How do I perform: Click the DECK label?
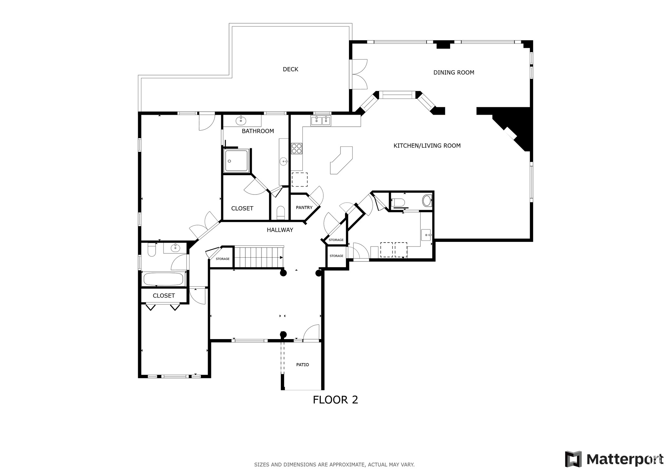pyautogui.click(x=290, y=69)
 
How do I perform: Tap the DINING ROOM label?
pyautogui.click(x=453, y=73)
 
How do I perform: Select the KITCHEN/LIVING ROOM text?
pyautogui.click(x=427, y=146)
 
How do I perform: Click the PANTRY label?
pyautogui.click(x=304, y=208)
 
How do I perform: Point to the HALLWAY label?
pyautogui.click(x=280, y=230)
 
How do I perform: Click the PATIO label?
pyautogui.click(x=302, y=365)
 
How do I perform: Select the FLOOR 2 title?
pyautogui.click(x=335, y=400)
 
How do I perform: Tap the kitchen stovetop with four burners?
pyautogui.click(x=297, y=149)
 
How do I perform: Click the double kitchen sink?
pyautogui.click(x=321, y=120)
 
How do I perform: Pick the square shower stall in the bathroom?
pyautogui.click(x=236, y=161)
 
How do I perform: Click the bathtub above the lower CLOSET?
pyautogui.click(x=163, y=279)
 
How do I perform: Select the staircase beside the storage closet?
pyautogui.click(x=259, y=257)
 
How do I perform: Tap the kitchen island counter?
pyautogui.click(x=342, y=160)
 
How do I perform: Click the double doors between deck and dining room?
pyautogui.click(x=359, y=74)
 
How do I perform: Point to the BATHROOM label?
pyautogui.click(x=258, y=131)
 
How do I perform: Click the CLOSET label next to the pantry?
pyautogui.click(x=242, y=209)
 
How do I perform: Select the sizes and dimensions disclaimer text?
pyautogui.click(x=334, y=465)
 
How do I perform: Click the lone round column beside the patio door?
pyautogui.click(x=283, y=335)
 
